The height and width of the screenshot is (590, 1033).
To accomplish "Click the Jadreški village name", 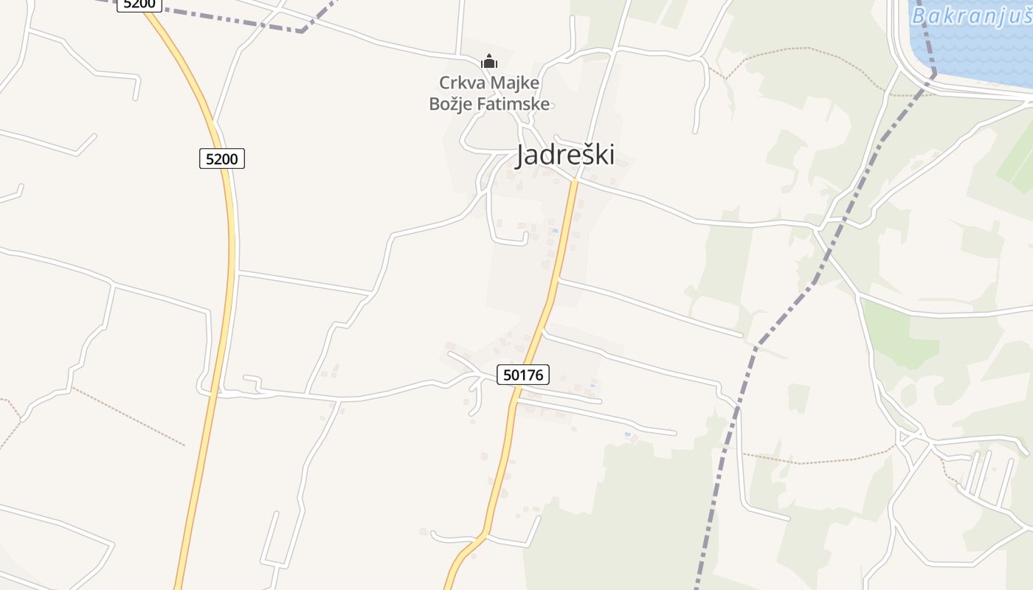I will point(564,155).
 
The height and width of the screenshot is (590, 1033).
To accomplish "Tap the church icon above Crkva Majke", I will point(489,62).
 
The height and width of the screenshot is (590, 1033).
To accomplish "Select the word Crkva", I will point(459,83).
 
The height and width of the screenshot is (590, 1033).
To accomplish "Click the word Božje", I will point(449,103).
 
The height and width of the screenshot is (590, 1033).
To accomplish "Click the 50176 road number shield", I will point(522,375).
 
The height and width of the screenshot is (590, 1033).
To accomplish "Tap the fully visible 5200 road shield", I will point(221,159).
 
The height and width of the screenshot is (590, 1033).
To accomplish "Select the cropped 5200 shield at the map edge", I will point(139,4).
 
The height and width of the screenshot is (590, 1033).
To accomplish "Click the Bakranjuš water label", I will point(971,15).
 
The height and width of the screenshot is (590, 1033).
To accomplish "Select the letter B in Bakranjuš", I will point(919,15).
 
